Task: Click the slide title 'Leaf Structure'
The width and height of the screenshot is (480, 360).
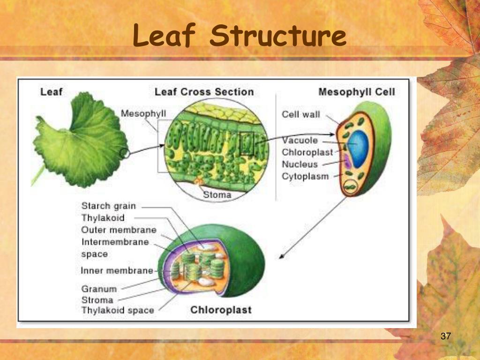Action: coord(240,37)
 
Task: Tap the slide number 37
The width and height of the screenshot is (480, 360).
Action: coord(446,336)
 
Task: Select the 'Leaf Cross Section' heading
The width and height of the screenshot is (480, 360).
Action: coord(204,92)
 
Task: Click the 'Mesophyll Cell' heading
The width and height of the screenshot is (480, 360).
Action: coord(356,92)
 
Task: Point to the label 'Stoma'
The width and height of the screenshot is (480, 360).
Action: coord(217,195)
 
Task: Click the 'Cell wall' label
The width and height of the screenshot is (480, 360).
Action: coord(300,114)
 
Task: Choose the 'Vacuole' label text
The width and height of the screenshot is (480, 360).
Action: coord(300,141)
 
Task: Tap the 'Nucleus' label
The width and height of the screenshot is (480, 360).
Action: coord(300,165)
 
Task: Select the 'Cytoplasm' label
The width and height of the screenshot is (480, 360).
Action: coord(305,177)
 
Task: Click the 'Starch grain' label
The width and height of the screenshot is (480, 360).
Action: coord(108,206)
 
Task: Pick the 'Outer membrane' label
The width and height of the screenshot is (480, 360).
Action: coord(119,230)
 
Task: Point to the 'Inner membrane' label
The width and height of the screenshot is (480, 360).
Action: coord(117,270)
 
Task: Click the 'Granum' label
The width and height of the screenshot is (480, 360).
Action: coord(99,289)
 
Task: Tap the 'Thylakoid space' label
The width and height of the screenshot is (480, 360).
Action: coord(117,310)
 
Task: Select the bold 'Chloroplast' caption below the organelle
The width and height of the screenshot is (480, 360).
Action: coord(221,310)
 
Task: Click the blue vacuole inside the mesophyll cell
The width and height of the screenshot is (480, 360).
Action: coord(360,148)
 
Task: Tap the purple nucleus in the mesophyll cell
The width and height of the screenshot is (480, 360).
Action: coord(347,162)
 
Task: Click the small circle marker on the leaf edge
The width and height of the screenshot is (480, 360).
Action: coord(124,153)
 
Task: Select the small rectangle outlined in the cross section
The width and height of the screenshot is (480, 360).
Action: coord(247,143)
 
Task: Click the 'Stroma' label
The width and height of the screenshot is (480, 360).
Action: coord(97,300)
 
